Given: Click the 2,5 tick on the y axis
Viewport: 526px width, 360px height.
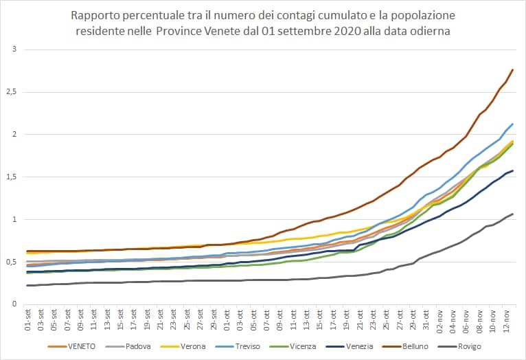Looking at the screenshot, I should (13, 92).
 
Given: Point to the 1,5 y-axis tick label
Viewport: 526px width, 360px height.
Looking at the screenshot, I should (13, 177).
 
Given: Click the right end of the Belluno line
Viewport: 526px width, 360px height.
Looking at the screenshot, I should (513, 69).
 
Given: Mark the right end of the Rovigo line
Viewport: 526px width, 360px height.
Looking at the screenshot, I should (513, 214).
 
